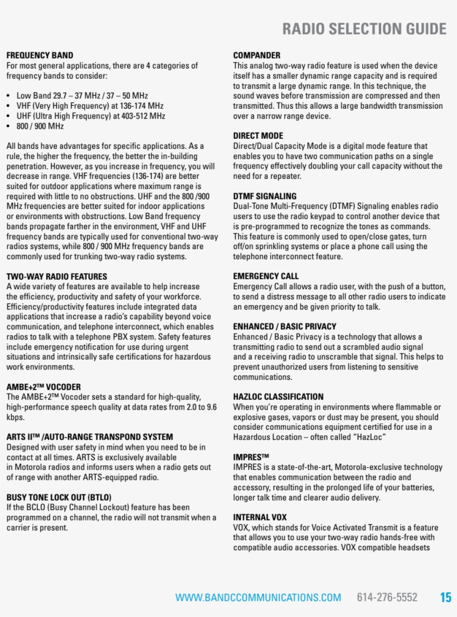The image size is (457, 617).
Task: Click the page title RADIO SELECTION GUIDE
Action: [364, 29]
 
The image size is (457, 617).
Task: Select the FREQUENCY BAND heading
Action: [40, 56]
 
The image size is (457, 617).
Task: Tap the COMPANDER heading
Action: [256, 56]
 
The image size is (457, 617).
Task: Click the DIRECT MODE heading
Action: [258, 136]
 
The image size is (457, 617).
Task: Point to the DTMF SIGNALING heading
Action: [265, 196]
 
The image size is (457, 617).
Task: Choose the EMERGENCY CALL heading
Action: [266, 276]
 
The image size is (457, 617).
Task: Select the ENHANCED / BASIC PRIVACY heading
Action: [285, 327]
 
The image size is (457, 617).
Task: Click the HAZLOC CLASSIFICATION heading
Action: [278, 397]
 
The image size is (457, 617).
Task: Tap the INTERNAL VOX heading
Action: [260, 517]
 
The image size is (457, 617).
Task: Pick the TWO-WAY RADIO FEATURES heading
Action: [57, 276]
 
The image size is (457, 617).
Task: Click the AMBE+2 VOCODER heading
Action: [43, 387]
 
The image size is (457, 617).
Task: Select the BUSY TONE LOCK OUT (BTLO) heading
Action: [59, 497]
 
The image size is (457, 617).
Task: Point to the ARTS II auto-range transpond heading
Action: [90, 437]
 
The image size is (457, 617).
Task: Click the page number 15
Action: [445, 597]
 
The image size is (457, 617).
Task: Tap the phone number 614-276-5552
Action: [387, 597]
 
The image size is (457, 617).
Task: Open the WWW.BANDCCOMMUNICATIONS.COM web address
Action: [258, 598]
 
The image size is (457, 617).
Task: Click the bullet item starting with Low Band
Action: [82, 96]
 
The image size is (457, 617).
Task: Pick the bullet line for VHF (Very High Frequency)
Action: [90, 106]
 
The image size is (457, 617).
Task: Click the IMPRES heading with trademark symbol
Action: [251, 457]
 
